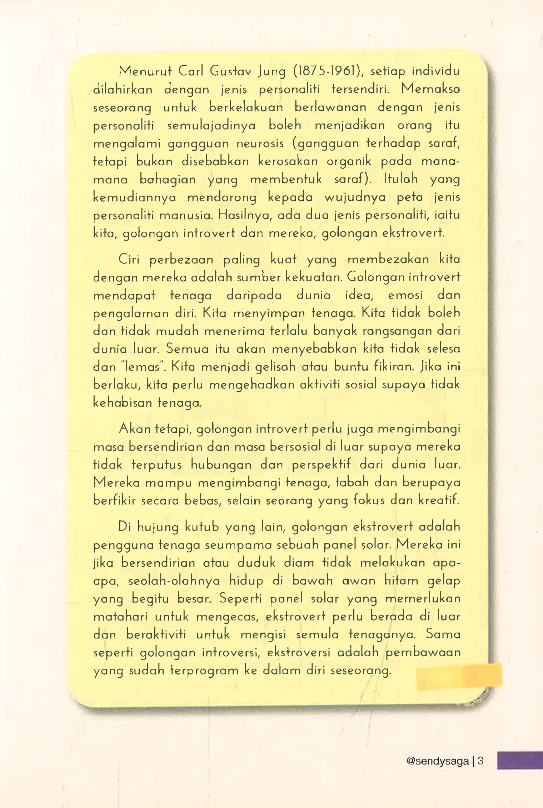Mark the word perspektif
[321, 465]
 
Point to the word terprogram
[204, 671]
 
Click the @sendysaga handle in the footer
[437, 761]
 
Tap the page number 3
[480, 761]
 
